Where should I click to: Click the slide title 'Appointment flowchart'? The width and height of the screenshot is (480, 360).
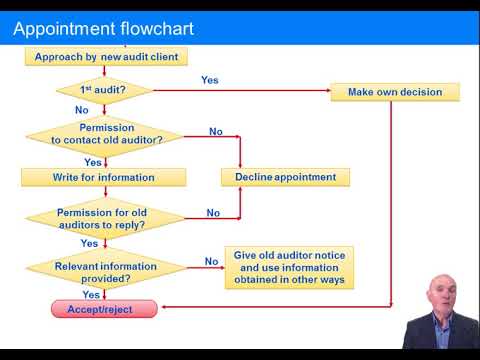[x=103, y=28]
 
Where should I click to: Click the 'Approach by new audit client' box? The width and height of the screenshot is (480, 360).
[x=106, y=57]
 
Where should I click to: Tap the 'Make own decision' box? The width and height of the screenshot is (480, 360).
[x=395, y=92]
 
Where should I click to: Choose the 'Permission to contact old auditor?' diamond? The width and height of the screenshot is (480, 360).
[x=106, y=135]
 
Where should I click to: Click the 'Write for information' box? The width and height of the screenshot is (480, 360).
[x=104, y=177]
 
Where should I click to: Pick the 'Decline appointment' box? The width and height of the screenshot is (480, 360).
[x=286, y=177]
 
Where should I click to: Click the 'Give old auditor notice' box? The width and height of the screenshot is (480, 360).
[x=289, y=268]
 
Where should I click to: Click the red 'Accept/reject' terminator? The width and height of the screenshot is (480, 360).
[x=105, y=310]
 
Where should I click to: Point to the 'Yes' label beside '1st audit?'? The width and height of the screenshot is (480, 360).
[x=210, y=80]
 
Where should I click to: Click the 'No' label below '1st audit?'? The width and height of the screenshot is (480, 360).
[x=82, y=110]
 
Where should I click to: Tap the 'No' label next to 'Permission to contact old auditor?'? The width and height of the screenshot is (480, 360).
[x=216, y=131]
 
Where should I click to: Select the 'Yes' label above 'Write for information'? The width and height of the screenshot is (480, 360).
[x=92, y=162]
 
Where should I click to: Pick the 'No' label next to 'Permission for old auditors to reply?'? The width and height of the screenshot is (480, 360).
[x=213, y=213]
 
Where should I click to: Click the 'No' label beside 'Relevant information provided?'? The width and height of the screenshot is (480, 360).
[x=211, y=262]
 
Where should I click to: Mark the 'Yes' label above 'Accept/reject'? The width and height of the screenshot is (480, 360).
[x=90, y=295]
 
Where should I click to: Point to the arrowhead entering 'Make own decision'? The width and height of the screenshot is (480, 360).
[x=327, y=92]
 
